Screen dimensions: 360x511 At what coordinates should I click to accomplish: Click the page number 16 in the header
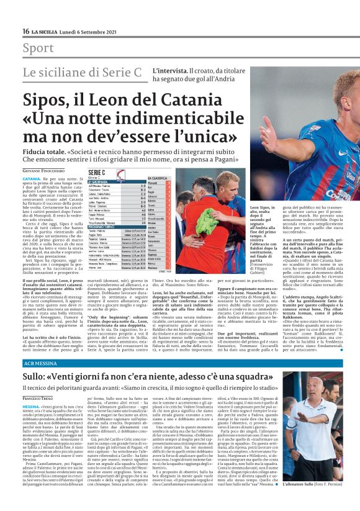(x=25, y=31)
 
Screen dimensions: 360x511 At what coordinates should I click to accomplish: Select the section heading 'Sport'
(x=38, y=48)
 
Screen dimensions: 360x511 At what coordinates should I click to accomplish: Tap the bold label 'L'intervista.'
(x=169, y=70)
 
